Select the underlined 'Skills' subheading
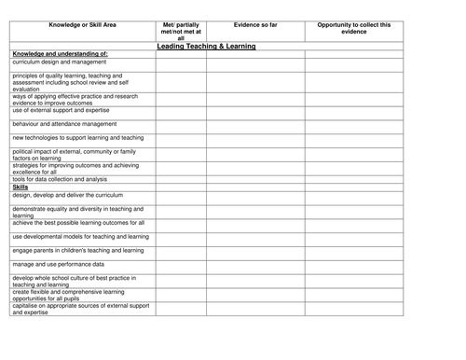[x=21, y=187]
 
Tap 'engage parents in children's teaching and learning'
[x=78, y=250]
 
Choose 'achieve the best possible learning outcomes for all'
[x=78, y=223]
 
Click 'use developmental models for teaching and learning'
[x=80, y=237]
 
